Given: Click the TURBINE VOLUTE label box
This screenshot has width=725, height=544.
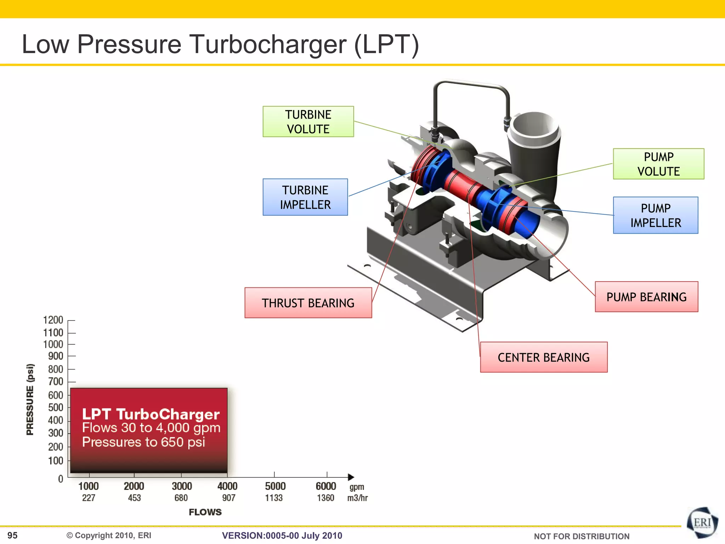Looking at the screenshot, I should coord(308,121).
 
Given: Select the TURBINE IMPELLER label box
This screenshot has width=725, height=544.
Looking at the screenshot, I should coord(305,197).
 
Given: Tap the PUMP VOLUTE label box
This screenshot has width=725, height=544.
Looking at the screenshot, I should coord(658,164).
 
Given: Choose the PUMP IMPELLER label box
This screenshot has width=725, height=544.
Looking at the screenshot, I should coord(656,215).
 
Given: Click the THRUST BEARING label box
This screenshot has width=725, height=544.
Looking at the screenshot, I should coord(308,303).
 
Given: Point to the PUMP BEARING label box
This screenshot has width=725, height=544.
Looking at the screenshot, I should coord(646,297).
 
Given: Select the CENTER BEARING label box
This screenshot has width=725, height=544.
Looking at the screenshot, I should coord(544,357).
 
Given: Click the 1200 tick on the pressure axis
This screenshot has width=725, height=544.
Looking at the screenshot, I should coord(53,320).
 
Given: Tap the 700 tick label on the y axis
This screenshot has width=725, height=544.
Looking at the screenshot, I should coord(56,382).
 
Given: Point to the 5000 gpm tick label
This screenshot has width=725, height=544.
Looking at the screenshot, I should coord(275,486).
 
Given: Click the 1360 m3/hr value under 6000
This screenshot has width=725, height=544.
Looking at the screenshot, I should coord(325,498).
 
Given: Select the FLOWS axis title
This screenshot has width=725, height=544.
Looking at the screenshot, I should coord(205,512).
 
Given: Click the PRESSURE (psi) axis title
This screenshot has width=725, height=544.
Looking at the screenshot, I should coord(30,399).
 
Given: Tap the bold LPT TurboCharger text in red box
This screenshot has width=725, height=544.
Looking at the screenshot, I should coord(151,414).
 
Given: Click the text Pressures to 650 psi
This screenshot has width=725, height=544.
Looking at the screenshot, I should coord(143,442).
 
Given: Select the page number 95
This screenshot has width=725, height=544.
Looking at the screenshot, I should coord(12,535).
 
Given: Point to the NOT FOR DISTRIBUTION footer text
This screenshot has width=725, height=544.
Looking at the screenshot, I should coord(581,536).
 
